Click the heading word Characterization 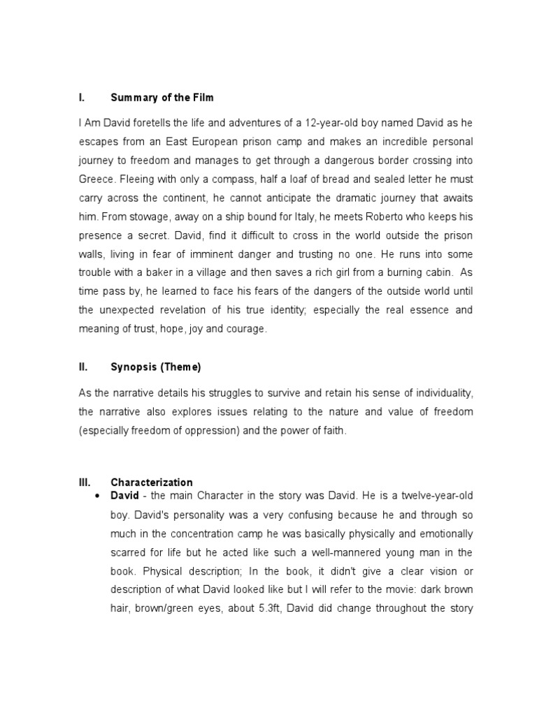[152, 482]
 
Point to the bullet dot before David [96, 496]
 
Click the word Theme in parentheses [182, 367]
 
